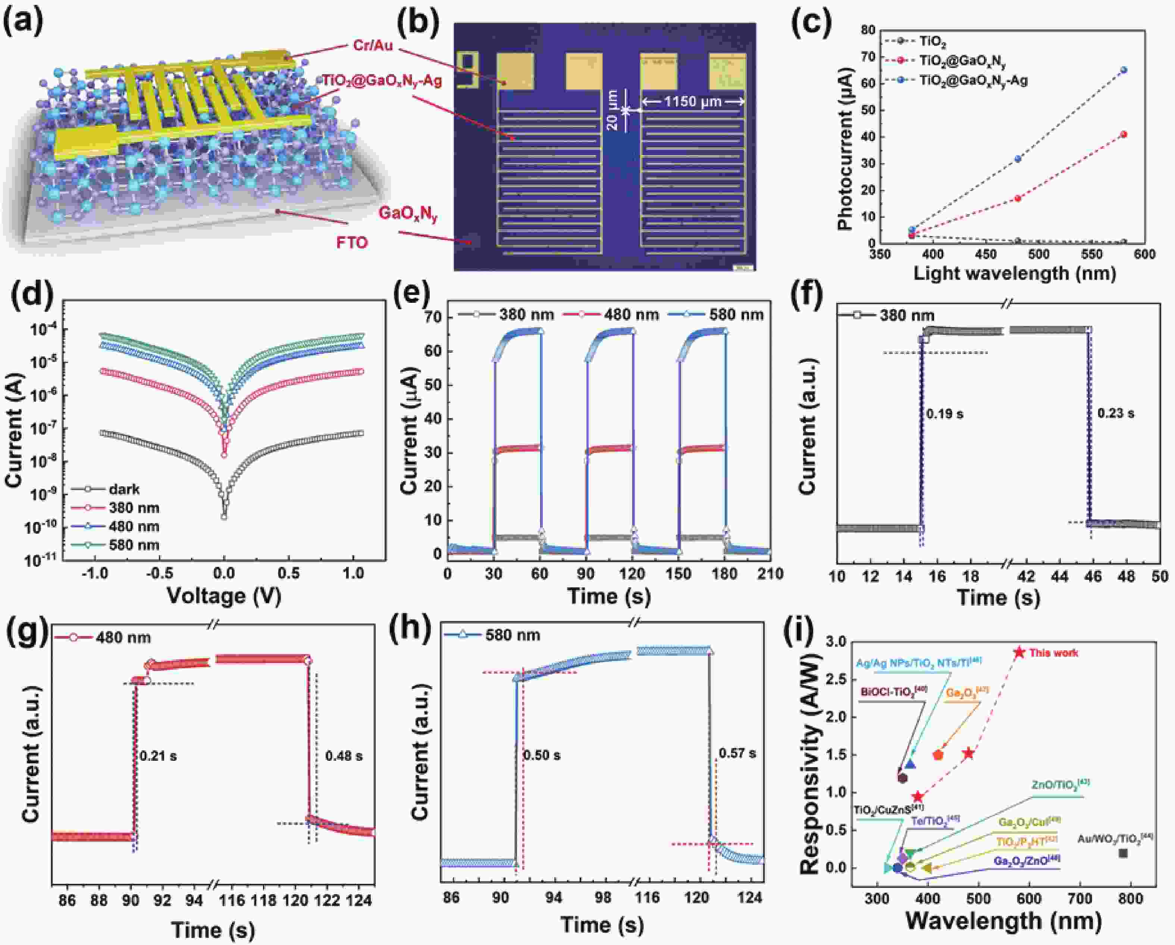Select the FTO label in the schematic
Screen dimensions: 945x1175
pos(351,242)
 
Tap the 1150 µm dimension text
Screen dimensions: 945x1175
pos(692,101)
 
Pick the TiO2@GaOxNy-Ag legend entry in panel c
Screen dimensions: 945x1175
pos(973,81)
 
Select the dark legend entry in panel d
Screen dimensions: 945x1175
pos(124,489)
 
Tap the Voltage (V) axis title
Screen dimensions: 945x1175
pos(224,596)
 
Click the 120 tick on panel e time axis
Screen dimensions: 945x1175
pos(632,573)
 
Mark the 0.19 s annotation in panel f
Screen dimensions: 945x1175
pos(944,414)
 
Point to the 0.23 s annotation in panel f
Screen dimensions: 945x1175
pos(1116,413)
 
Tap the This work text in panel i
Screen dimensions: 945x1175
pos(1053,653)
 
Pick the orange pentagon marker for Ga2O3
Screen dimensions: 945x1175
pos(938,755)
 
